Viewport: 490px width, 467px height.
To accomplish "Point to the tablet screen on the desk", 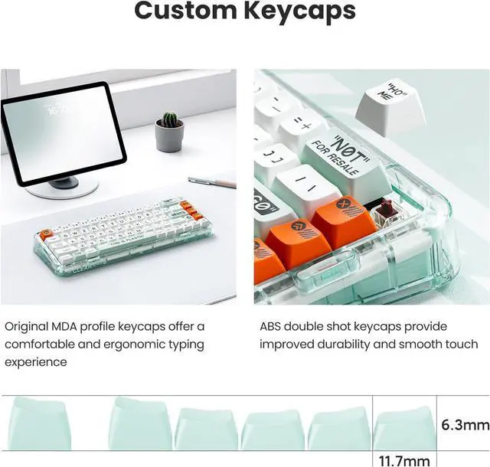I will pyautogui.click(x=64, y=132).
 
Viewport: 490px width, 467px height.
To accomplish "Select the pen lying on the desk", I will pyautogui.click(x=211, y=182).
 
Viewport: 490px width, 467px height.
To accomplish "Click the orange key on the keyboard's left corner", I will pyautogui.click(x=47, y=234).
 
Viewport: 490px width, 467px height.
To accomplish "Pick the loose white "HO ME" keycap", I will pyautogui.click(x=391, y=105).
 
